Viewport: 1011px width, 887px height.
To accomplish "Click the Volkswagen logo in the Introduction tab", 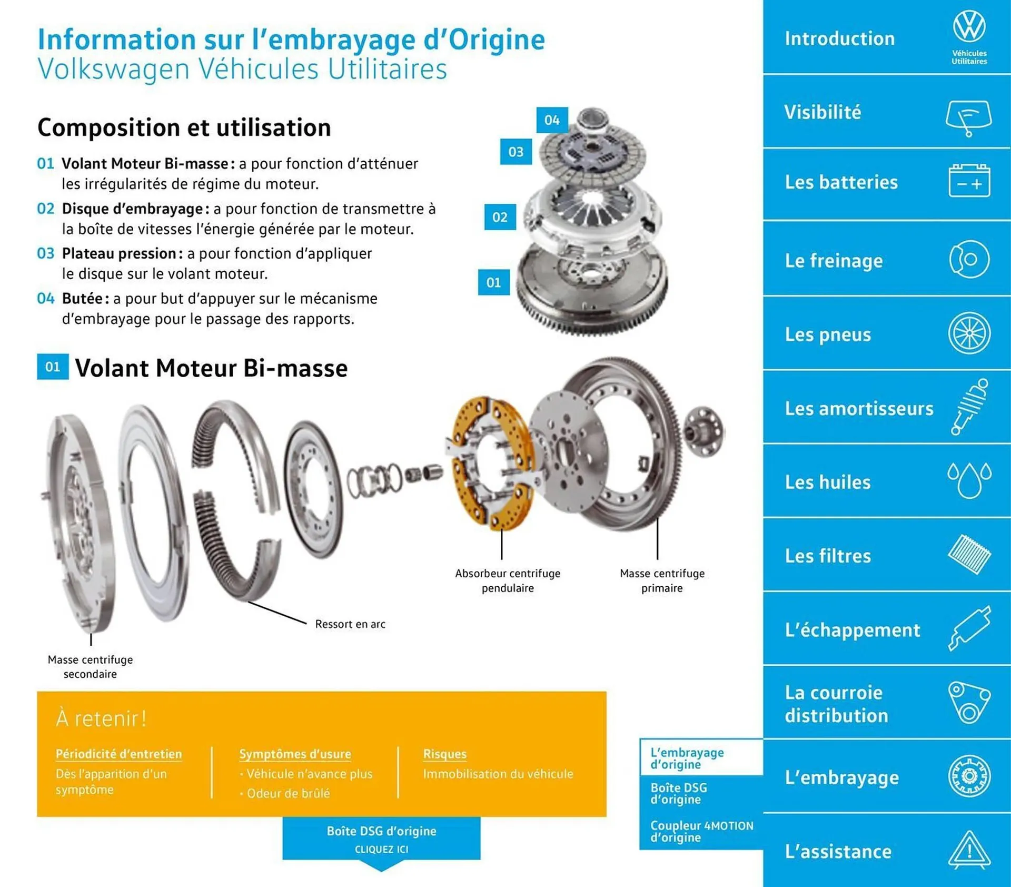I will click(969, 26).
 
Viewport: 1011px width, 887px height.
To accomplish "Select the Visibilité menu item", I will click(822, 112).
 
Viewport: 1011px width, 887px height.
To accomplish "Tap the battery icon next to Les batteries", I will click(969, 181).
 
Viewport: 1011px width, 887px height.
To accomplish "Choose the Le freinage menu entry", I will click(834, 260).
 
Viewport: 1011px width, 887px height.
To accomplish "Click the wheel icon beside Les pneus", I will click(969, 333).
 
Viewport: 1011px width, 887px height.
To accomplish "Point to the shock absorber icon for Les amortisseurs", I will click(969, 406).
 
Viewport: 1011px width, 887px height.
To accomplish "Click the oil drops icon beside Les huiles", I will click(969, 480).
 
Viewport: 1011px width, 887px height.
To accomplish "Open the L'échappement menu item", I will click(852, 629).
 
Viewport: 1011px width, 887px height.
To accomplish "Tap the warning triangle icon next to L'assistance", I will click(969, 850).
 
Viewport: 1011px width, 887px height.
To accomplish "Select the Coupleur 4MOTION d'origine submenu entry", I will click(701, 831).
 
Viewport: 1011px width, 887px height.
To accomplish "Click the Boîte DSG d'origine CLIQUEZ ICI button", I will click(381, 839).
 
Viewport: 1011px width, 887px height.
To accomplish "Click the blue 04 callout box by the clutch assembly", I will click(551, 120).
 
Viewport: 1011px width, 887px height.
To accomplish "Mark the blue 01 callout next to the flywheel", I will click(493, 282).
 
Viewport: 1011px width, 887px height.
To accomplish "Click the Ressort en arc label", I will click(350, 624).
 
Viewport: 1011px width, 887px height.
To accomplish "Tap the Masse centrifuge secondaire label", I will click(90, 666).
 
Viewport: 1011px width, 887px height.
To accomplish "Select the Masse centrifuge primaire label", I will click(661, 580).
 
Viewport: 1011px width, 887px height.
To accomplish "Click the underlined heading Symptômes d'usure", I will click(295, 754).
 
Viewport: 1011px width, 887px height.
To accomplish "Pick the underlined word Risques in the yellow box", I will click(444, 754).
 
